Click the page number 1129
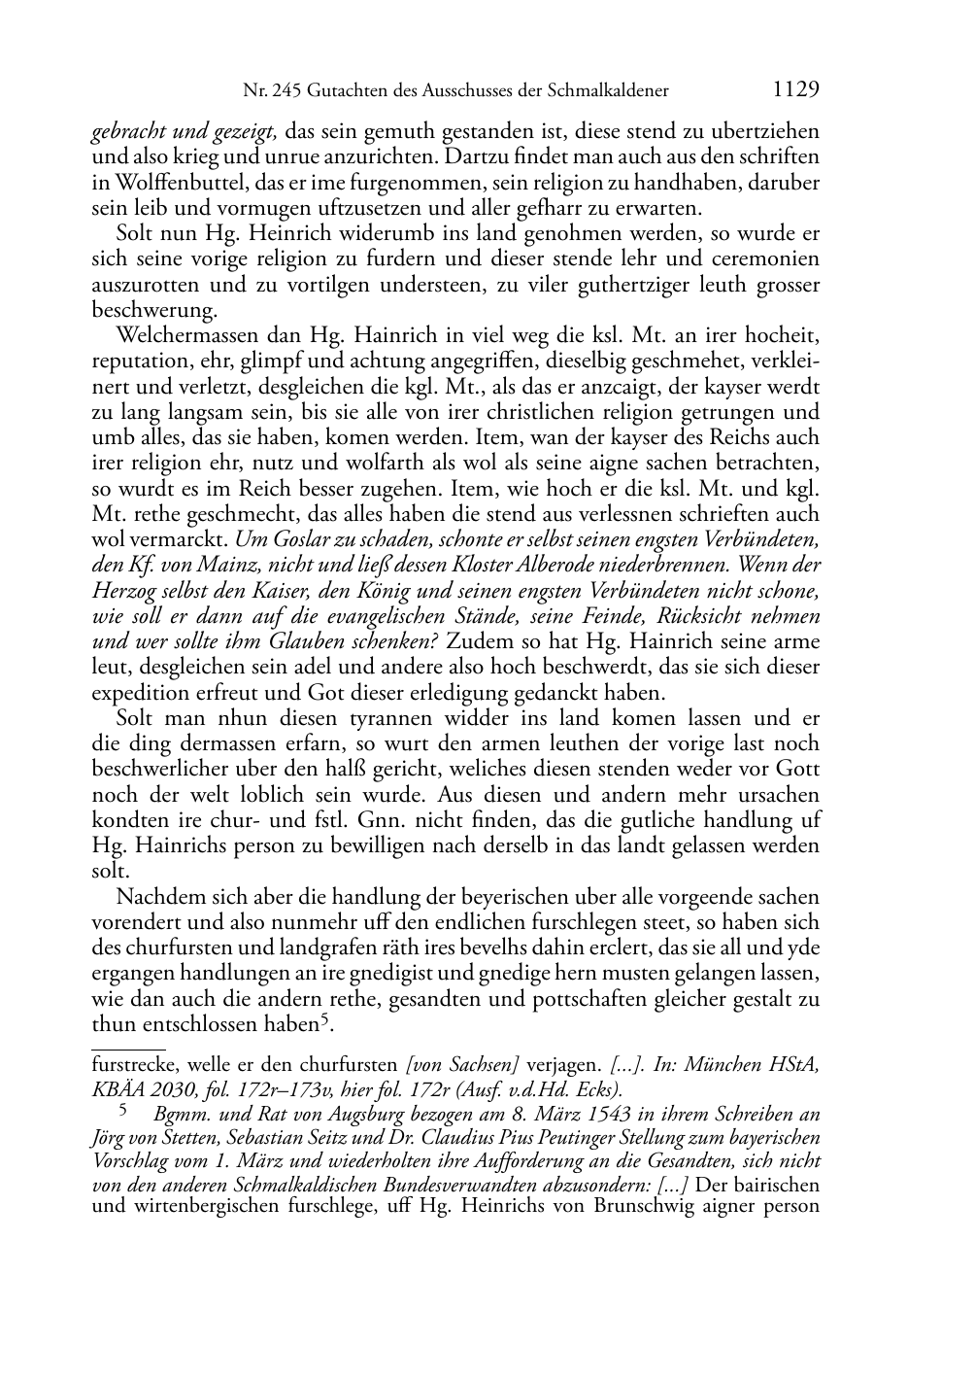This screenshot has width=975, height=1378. [796, 89]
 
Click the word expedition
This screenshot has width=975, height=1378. [139, 692]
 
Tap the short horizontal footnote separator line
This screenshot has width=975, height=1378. [127, 1046]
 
